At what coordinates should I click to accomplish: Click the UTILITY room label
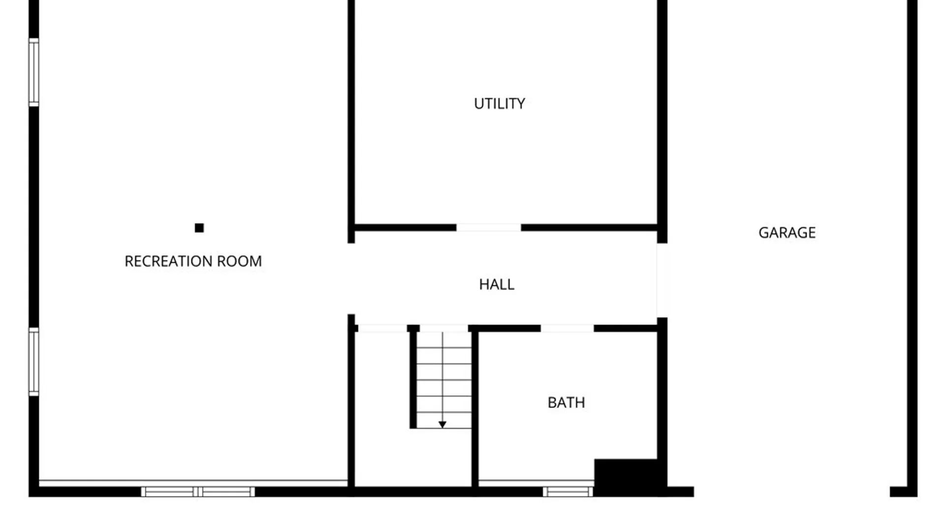[x=499, y=104]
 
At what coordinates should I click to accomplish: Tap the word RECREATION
[x=168, y=261]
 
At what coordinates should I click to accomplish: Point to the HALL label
[x=497, y=284]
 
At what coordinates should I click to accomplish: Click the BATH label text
[x=566, y=403]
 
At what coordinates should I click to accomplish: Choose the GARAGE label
[x=787, y=233]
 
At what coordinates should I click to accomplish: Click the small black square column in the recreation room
[x=199, y=228]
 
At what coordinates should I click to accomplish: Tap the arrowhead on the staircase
[x=442, y=424]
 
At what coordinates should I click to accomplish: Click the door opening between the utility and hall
[x=488, y=228]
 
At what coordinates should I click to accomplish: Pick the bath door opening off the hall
[x=567, y=328]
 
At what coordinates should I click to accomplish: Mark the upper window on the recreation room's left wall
[x=33, y=72]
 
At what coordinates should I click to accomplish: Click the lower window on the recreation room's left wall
[x=33, y=361]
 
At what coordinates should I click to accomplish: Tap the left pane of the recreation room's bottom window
[x=169, y=492]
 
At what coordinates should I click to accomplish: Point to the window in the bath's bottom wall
[x=568, y=492]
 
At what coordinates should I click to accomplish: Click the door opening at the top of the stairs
[x=444, y=328]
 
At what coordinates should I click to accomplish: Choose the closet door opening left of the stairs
[x=382, y=328]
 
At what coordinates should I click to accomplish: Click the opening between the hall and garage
[x=662, y=280]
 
